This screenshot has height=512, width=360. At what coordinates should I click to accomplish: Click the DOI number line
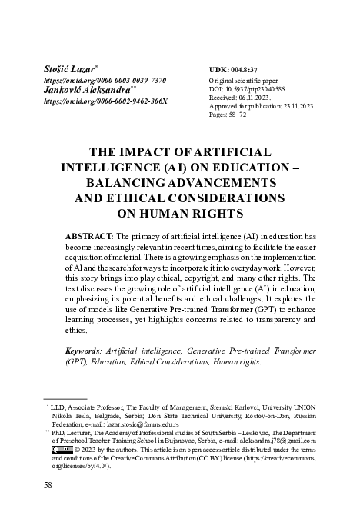coord(247,89)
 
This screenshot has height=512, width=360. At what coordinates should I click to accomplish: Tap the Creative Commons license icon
coord(62,471)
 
